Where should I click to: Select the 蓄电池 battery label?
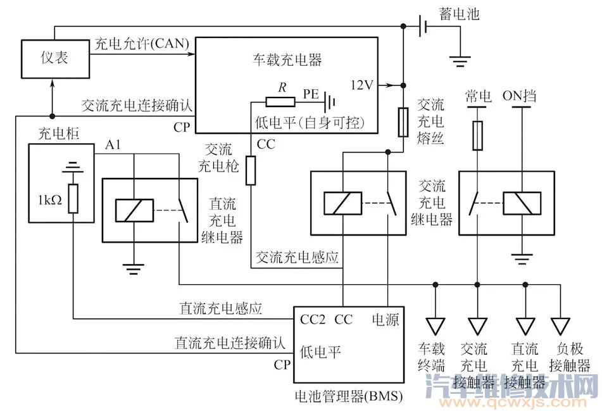click(x=458, y=13)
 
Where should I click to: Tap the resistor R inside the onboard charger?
click(x=280, y=101)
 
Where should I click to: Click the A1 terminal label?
click(x=114, y=146)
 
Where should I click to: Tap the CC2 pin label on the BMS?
click(x=313, y=320)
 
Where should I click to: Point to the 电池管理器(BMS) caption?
click(x=349, y=396)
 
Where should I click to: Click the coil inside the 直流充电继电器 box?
click(x=134, y=210)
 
